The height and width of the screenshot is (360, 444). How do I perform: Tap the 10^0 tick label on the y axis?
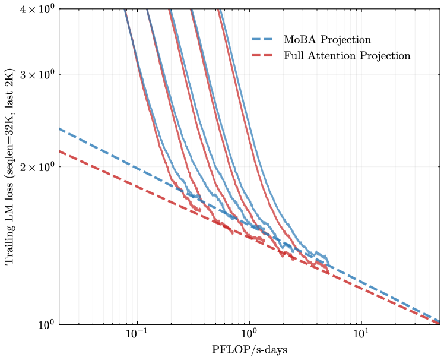47,324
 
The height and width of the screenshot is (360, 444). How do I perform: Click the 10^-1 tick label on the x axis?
137,336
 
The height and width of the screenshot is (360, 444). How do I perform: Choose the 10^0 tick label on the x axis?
249,336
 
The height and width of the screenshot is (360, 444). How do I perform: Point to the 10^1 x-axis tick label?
360,336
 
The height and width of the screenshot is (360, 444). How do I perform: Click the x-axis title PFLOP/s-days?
249,350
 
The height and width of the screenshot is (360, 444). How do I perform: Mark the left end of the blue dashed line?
59,128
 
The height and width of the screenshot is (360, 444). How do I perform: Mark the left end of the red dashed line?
59,150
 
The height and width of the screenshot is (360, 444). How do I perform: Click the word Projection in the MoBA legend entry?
350,40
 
